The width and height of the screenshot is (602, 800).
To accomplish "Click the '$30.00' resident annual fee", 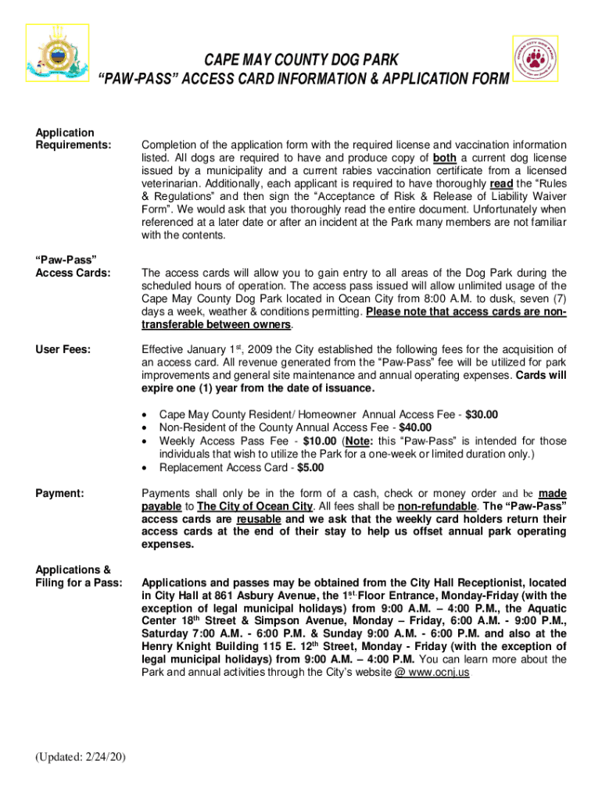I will [x=481, y=415].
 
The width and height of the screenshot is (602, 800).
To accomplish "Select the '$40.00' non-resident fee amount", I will [x=416, y=428].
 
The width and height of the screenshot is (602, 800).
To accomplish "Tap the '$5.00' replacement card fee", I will [x=310, y=468].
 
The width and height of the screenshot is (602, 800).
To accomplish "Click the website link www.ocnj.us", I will [x=432, y=673].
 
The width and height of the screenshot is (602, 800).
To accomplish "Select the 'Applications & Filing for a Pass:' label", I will [x=73, y=576].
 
